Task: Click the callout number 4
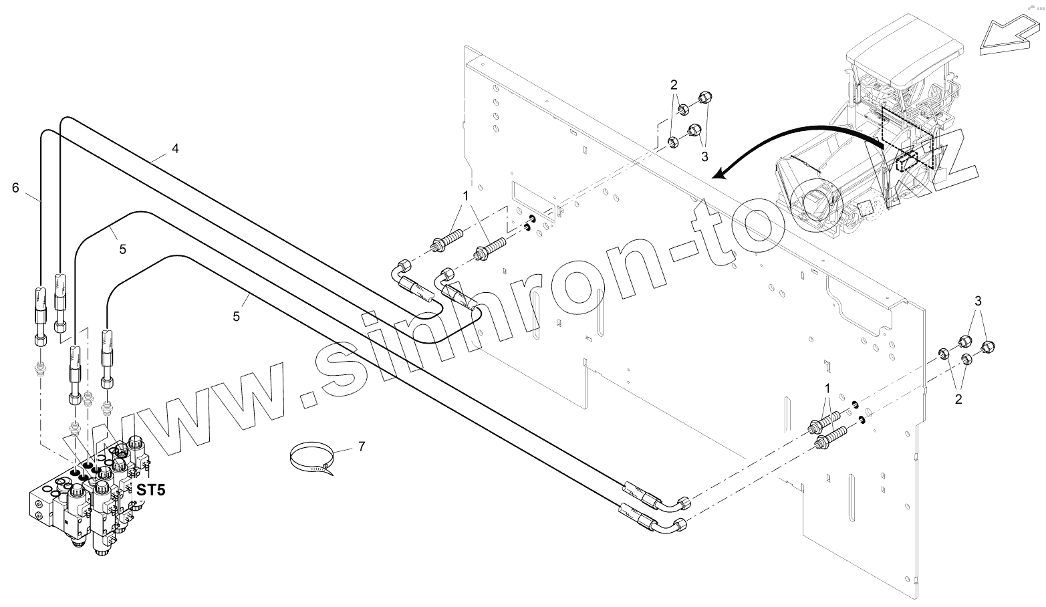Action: [175, 149]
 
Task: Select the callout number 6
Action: [15, 188]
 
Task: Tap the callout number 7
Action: [362, 446]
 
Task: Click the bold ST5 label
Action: [151, 490]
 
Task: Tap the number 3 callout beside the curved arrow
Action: [704, 156]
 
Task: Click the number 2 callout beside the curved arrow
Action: [674, 85]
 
